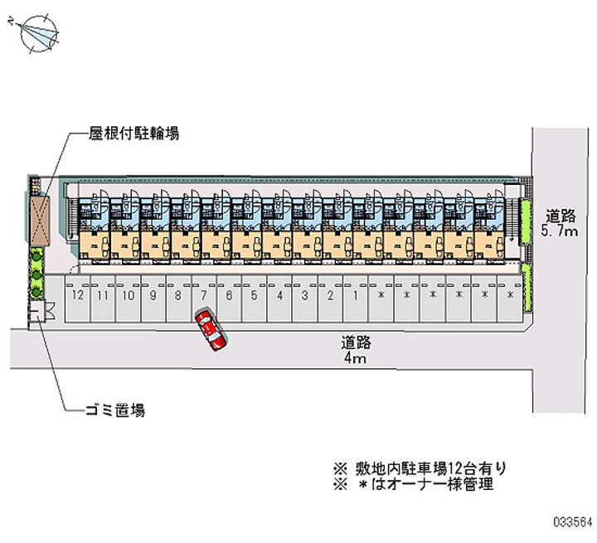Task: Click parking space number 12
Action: [78, 295]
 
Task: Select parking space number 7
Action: [204, 295]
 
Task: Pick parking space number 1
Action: [356, 295]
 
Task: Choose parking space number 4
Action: [280, 295]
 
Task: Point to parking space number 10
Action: [129, 295]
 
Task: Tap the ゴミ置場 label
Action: [116, 410]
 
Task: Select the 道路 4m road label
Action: [353, 348]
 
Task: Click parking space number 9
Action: [153, 295]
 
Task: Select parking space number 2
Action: [331, 295]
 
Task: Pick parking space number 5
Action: [255, 295]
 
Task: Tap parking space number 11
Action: [103, 295]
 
